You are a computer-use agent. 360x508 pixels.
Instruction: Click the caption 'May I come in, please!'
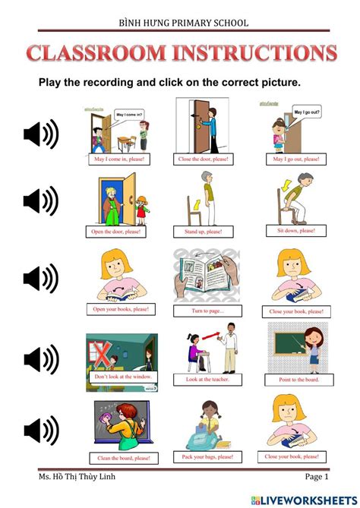click(x=118, y=159)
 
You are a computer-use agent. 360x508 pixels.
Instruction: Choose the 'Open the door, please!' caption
click(x=120, y=231)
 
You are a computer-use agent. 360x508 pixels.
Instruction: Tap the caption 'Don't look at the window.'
click(x=123, y=377)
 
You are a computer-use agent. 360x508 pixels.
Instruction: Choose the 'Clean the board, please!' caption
click(x=122, y=458)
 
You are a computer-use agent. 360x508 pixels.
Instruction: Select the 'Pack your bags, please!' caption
click(x=207, y=457)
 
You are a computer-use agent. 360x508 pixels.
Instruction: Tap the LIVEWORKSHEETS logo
click(x=307, y=499)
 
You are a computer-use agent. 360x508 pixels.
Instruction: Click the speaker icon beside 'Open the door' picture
click(x=41, y=201)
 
